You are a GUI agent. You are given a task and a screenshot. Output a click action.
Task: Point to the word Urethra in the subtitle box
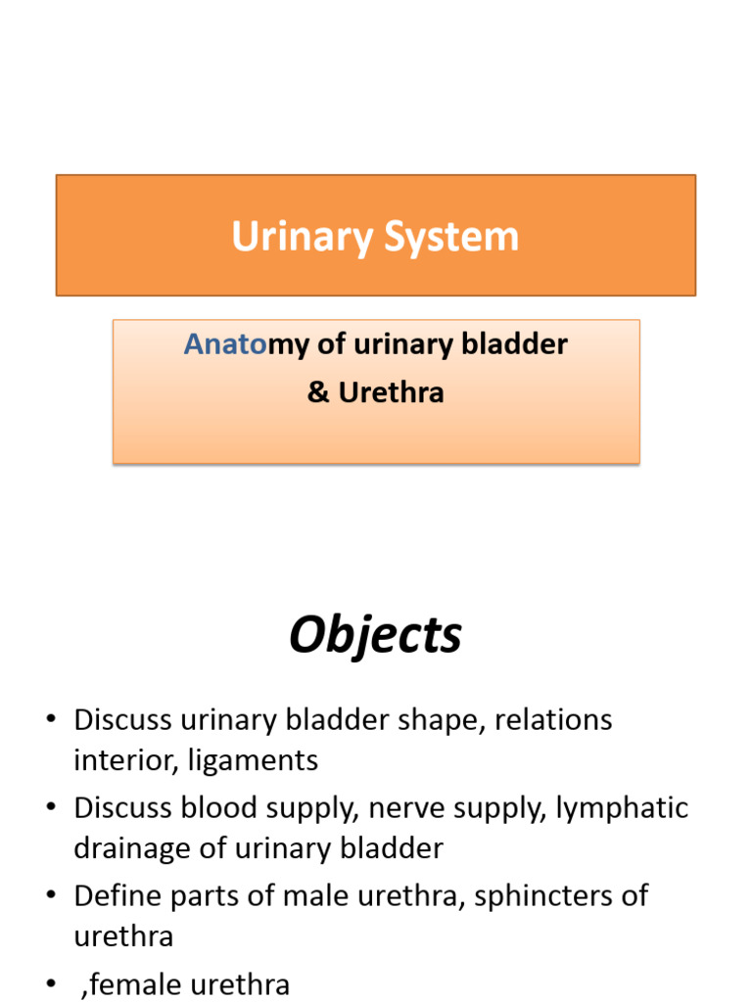pyautogui.click(x=391, y=392)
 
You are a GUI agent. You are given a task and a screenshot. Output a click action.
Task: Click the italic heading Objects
pyautogui.click(x=375, y=636)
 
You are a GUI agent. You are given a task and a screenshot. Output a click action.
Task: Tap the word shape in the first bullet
pyautogui.click(x=437, y=721)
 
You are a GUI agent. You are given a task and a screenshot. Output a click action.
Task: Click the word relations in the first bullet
pyautogui.click(x=553, y=721)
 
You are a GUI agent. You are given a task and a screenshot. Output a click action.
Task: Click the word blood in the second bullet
pyautogui.click(x=222, y=809)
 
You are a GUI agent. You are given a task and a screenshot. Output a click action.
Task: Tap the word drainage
pyautogui.click(x=132, y=848)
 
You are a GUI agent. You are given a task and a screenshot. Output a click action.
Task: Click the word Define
pyautogui.click(x=117, y=896)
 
